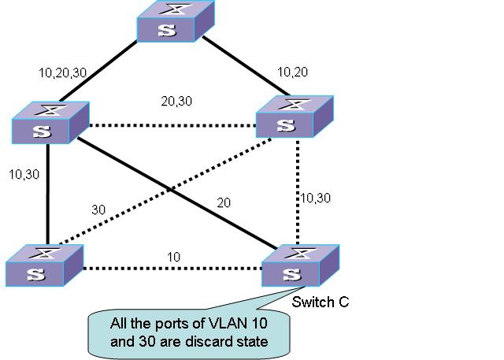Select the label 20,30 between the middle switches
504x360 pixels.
176,101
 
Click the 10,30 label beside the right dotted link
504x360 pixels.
317,198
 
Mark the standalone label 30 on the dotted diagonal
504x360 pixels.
98,210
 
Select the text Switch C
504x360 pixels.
320,302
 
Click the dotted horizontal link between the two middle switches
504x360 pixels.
173,124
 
